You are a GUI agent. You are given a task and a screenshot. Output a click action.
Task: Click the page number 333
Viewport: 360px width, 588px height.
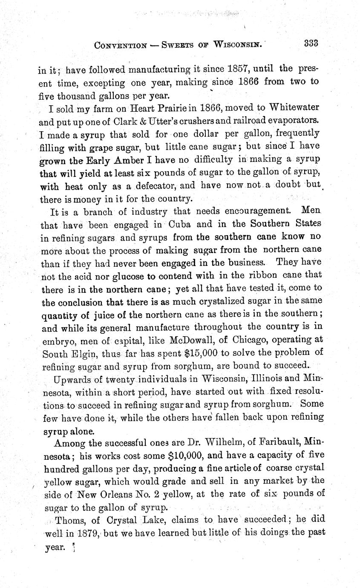312,43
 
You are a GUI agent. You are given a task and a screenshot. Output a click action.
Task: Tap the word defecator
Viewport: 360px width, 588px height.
145,186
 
